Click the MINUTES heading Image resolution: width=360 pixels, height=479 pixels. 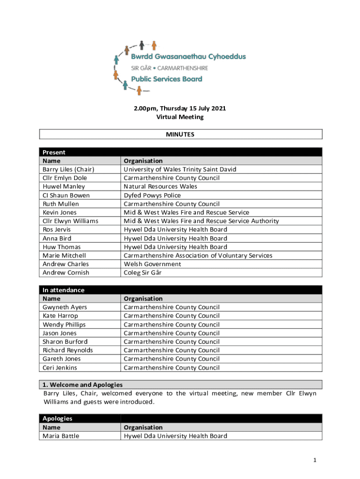[180, 134]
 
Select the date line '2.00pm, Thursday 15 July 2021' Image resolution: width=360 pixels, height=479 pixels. [180, 109]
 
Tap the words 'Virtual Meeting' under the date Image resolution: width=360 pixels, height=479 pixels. [180, 117]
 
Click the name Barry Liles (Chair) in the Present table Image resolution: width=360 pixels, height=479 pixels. [68, 169]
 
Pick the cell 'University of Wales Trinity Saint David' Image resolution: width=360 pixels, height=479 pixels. [180, 169]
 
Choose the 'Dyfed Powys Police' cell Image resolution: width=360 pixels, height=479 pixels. [152, 195]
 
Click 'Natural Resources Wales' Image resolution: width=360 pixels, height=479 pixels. [160, 186]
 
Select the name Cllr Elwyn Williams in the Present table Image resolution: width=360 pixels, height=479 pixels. [71, 221]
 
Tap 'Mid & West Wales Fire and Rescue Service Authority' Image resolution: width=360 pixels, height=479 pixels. [201, 221]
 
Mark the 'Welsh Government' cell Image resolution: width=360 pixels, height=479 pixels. [152, 264]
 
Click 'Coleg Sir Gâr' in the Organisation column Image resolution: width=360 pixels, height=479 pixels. [143, 273]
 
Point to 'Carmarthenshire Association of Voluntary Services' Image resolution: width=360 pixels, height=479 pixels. [198, 255]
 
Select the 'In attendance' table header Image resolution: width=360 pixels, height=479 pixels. [64, 290]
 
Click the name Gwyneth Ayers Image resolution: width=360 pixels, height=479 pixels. [65, 307]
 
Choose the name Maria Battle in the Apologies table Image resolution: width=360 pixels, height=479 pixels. [61, 436]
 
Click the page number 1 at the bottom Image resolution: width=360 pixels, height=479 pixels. [316, 460]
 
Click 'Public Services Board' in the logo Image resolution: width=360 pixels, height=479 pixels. [166, 79]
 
